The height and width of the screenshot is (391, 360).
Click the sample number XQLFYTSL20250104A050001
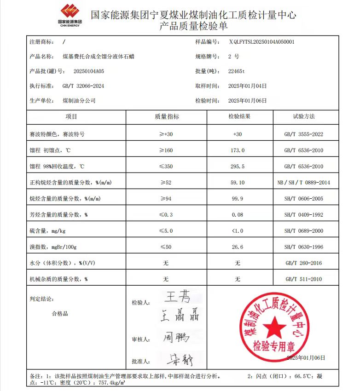261,41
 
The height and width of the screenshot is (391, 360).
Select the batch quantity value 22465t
238,71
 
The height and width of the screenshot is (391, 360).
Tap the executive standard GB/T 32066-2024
83,86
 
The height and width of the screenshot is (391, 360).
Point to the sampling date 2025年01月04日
247,86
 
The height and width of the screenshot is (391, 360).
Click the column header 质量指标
167,117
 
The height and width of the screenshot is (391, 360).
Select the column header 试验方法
304,117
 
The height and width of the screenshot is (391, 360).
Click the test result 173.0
238,150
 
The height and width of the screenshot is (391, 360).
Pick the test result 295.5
238,167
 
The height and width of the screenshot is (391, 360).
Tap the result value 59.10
238,183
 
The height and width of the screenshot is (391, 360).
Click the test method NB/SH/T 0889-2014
304,183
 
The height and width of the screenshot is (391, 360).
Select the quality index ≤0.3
166,215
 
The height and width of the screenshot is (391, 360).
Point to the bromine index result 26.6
238,247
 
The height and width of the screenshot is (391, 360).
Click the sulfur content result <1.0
238,231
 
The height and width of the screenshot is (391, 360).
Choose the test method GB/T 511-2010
304,279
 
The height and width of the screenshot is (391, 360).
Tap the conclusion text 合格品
60,314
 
